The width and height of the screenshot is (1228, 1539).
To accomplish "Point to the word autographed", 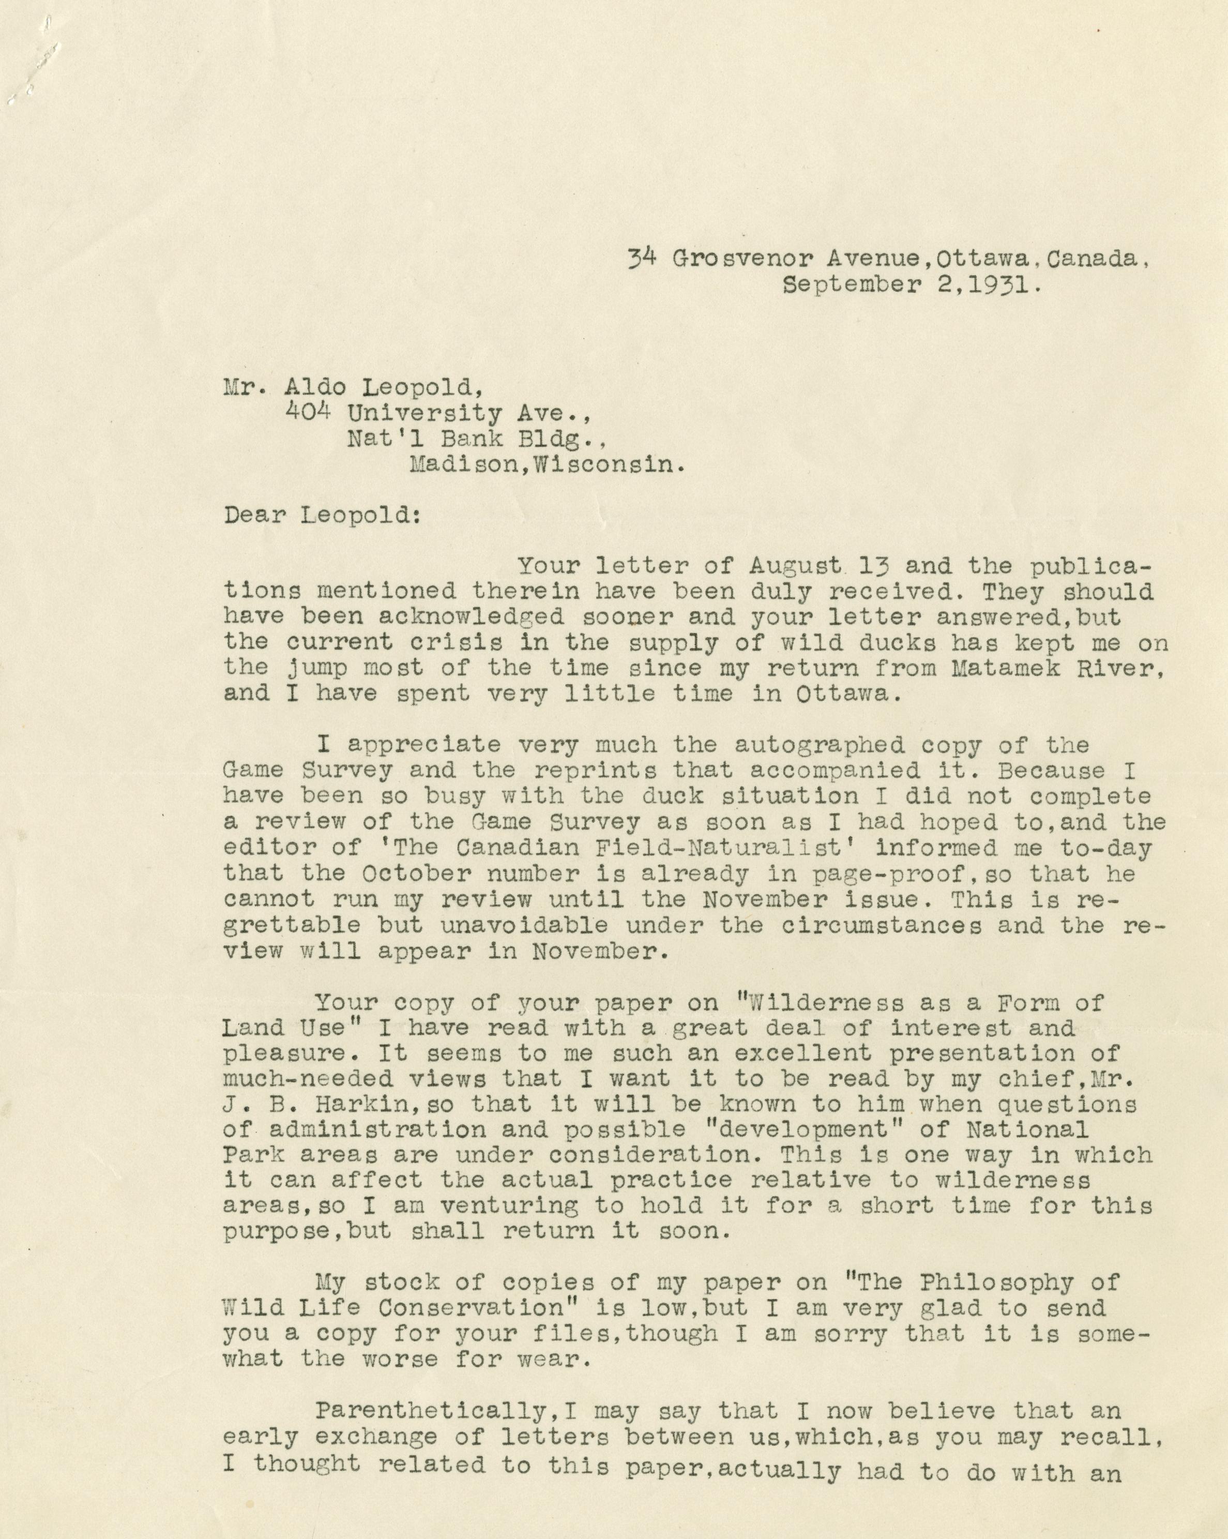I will coord(819,745).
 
